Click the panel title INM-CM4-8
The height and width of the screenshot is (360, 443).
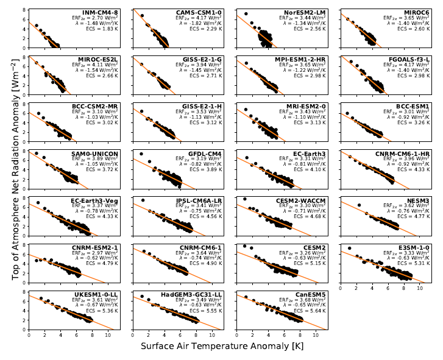tap(102, 12)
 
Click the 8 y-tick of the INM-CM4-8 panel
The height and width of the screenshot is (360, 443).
tap(24, 10)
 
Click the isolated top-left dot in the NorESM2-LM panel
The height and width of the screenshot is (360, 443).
tap(246, 13)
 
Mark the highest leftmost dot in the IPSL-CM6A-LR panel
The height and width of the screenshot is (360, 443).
tap(143, 200)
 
